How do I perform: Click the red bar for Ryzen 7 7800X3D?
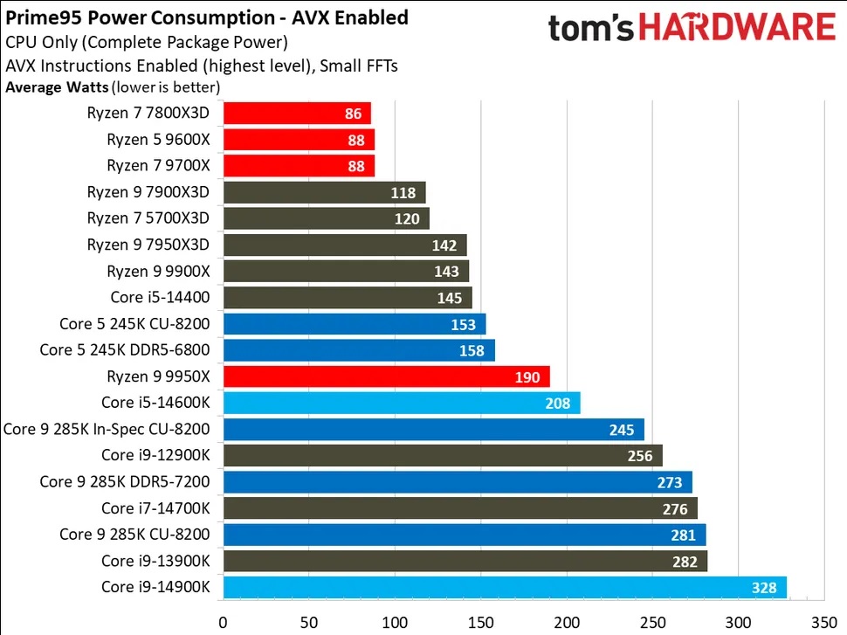coord(297,113)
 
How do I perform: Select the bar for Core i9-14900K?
coord(505,588)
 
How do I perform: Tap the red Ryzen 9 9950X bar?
coord(386,376)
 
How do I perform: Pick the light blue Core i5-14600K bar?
coord(402,403)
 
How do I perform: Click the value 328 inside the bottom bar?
coord(764,588)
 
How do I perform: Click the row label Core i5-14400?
coord(166,298)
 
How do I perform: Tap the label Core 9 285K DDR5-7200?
coord(131,482)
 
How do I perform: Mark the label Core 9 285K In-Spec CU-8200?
coord(113,429)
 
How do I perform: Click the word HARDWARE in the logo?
coord(749,27)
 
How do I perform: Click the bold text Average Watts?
coord(58,86)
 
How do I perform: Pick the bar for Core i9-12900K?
coord(443,456)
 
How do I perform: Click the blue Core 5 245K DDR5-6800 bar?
coord(359,350)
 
